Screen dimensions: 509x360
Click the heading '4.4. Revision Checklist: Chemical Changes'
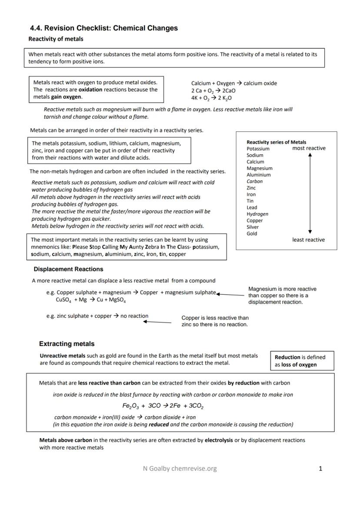[x=104, y=28]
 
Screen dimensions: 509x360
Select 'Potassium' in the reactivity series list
[x=258, y=149]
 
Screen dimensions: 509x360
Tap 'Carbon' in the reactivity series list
[x=254, y=181]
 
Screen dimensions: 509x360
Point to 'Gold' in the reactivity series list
[x=252, y=233]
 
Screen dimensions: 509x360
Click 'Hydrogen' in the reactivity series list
[x=257, y=214]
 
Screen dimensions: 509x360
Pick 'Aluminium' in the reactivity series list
[x=258, y=175]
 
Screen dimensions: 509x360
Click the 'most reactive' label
[x=309, y=148]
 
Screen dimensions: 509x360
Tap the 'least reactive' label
[x=308, y=240]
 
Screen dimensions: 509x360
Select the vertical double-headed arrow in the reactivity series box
[x=310, y=193]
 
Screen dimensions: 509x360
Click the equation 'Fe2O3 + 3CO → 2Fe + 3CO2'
[x=163, y=406]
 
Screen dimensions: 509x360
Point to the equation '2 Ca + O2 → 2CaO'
[x=213, y=90]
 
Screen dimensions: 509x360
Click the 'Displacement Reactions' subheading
[x=68, y=269]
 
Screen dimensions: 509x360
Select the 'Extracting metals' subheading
[x=67, y=344]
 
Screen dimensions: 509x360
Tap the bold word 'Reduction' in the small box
[x=287, y=357]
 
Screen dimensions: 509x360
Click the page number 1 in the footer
[x=320, y=469]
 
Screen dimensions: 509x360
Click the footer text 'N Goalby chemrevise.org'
[x=180, y=469]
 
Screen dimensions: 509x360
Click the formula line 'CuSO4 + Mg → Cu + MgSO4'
[x=91, y=300]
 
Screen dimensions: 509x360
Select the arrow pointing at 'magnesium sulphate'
[x=230, y=295]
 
